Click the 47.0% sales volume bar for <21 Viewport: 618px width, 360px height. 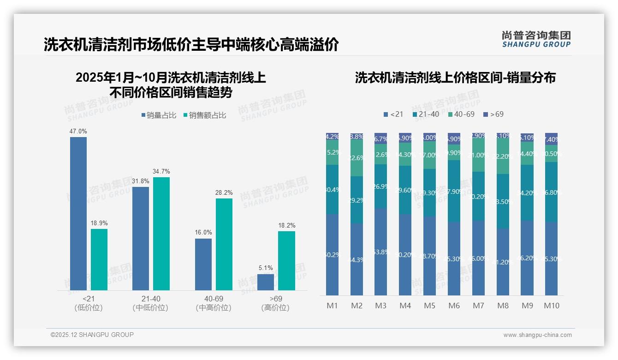click(x=78, y=213)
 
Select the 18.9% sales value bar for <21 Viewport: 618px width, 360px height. click(x=99, y=259)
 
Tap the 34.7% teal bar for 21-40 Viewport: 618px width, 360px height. click(x=161, y=234)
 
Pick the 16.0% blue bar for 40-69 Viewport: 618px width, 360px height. click(x=203, y=264)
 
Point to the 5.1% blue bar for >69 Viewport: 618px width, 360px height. click(x=266, y=282)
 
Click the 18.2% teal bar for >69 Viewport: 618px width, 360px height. click(x=286, y=260)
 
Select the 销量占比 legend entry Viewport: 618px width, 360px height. click(x=159, y=115)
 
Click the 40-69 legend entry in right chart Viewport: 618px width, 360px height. click(x=461, y=114)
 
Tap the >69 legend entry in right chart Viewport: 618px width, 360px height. click(x=493, y=114)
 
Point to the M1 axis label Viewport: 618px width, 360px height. click(x=332, y=306)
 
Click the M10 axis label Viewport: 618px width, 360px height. click(x=551, y=306)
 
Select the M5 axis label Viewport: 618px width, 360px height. click(x=429, y=306)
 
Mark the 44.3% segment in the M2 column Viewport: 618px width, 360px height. click(x=357, y=259)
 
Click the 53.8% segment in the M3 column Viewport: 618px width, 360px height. click(x=380, y=252)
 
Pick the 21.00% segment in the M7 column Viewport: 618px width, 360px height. click(x=478, y=155)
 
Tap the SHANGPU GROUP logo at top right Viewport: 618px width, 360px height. click(x=536, y=39)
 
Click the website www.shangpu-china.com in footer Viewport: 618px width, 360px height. click(x=537, y=335)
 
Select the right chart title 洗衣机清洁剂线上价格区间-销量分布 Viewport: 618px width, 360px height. click(x=455, y=78)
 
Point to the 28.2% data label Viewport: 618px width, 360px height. click(x=224, y=192)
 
